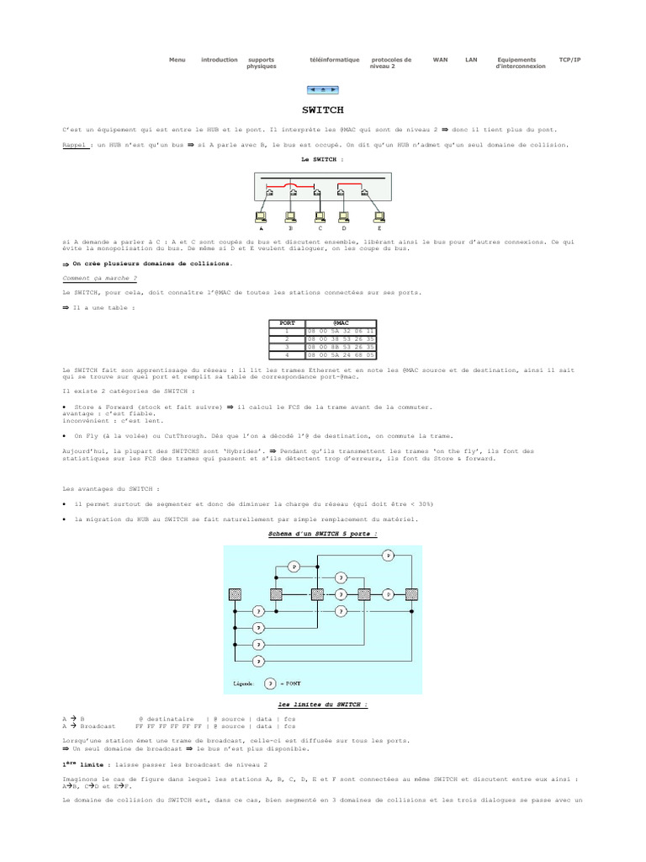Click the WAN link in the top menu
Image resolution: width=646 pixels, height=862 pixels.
pos(440,60)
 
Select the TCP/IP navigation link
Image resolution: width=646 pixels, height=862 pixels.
pos(569,60)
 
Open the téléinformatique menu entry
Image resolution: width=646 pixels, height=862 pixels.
pos(334,60)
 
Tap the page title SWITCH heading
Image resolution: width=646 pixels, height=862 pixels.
pos(323,109)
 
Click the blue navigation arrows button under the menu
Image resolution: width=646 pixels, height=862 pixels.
pos(323,88)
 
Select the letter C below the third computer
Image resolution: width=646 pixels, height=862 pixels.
pos(320,227)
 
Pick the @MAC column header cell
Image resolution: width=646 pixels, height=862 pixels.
pos(341,322)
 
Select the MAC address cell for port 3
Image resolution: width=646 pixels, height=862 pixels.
pos(341,346)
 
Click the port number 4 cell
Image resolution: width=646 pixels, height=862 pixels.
pos(286,354)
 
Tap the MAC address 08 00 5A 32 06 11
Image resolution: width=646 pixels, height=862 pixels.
pos(341,330)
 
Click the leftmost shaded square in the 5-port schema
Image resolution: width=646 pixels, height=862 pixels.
pos(235,594)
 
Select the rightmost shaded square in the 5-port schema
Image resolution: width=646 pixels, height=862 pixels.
pos(411,594)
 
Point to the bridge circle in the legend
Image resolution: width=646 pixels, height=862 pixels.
pos(270,683)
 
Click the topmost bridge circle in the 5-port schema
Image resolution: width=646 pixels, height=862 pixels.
pos(388,556)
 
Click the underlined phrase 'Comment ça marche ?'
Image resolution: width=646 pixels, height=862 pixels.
pos(99,277)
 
